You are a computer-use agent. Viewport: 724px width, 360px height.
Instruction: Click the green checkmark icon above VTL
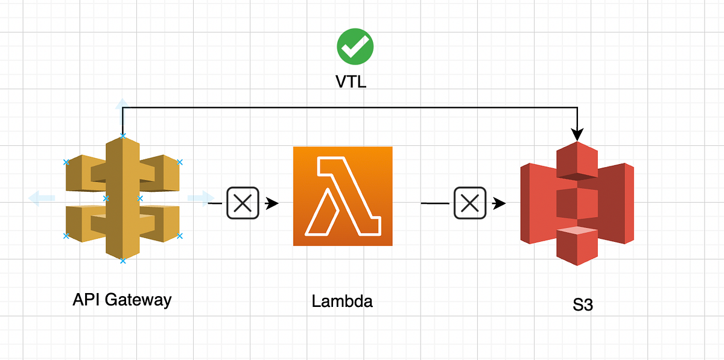pyautogui.click(x=355, y=46)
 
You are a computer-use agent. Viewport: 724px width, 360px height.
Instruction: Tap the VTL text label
pyautogui.click(x=351, y=81)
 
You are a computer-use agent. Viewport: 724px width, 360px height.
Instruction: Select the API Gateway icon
pyautogui.click(x=122, y=198)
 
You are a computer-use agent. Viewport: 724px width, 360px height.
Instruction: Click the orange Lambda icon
pyautogui.click(x=343, y=196)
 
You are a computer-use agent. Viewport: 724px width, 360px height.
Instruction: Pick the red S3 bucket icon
pyautogui.click(x=577, y=204)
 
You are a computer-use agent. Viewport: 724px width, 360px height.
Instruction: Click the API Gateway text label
pyautogui.click(x=122, y=300)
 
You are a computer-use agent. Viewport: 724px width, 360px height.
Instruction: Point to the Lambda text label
pyautogui.click(x=342, y=301)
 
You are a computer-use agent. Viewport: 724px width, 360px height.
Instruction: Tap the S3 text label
pyautogui.click(x=583, y=305)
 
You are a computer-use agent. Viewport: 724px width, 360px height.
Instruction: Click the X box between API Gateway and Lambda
pyautogui.click(x=243, y=203)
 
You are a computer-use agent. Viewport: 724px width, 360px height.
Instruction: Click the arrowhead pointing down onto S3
pyautogui.click(x=578, y=131)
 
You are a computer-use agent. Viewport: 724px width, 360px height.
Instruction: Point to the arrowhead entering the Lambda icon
pyautogui.click(x=272, y=204)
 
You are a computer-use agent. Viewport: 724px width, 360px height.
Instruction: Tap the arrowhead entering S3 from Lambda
pyautogui.click(x=499, y=204)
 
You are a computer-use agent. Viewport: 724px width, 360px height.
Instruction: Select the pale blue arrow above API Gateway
pyautogui.click(x=122, y=104)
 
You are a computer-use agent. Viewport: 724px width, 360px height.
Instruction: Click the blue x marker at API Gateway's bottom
pyautogui.click(x=122, y=261)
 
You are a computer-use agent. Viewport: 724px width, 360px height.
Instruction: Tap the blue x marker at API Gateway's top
pyautogui.click(x=122, y=136)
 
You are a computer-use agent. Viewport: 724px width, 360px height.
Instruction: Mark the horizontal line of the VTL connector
pyautogui.click(x=350, y=107)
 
